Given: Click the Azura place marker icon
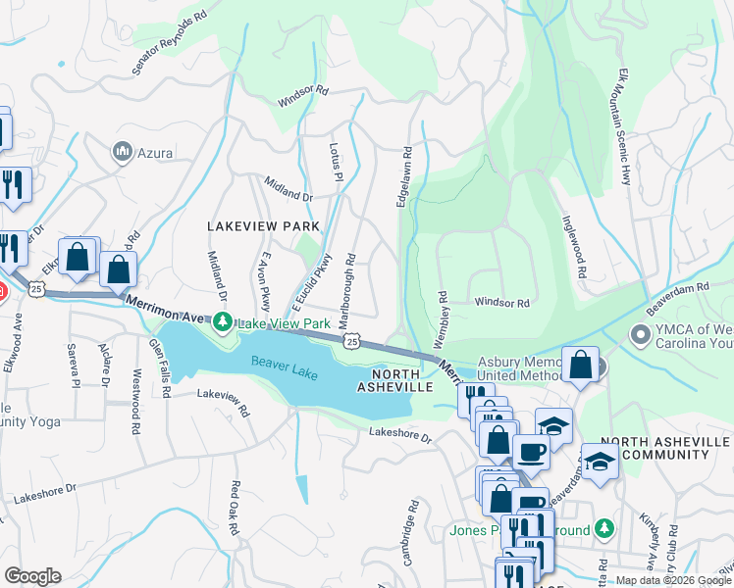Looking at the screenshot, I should tap(123, 152).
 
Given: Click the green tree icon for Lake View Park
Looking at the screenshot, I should tap(223, 321).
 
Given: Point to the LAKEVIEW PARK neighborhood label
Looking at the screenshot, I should tap(264, 226).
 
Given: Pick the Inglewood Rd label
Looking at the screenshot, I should tap(574, 250).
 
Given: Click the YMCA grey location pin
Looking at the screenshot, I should tap(641, 336).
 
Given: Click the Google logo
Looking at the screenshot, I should tap(32, 576).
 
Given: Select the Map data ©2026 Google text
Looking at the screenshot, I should tap(672, 580).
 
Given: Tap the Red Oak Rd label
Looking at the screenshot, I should tap(234, 508).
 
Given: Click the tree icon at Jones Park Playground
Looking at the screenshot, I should tap(605, 529).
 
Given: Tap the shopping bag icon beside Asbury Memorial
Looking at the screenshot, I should tap(580, 365).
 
